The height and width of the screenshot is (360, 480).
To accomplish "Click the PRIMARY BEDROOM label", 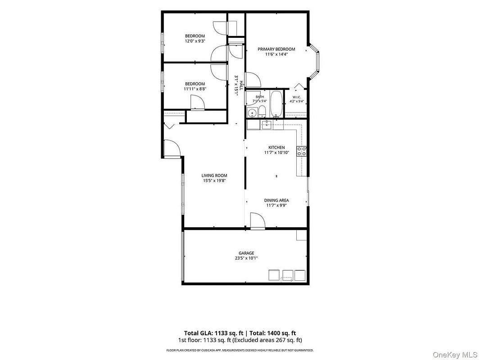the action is point(276,49).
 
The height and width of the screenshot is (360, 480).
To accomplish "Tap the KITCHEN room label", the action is point(276,148).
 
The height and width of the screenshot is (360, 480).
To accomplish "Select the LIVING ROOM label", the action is point(214,175).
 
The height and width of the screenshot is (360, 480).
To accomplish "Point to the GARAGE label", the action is point(246,253).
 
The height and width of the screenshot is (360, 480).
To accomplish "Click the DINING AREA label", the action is point(276,200).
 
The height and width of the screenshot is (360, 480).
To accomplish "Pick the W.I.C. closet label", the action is point(296,97).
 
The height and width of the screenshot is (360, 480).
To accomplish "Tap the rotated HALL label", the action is point(241,85).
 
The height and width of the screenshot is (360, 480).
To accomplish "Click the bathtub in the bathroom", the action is point(277,103).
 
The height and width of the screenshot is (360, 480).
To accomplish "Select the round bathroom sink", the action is point(252,113).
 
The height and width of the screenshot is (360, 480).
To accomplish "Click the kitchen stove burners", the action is point(302,151).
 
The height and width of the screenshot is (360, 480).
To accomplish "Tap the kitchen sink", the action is point(267,125).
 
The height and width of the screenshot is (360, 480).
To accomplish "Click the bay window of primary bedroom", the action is point(314,62).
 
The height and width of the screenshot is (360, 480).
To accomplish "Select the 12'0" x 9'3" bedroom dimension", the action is point(195,40).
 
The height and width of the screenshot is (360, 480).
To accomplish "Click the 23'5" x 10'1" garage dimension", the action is point(246,258).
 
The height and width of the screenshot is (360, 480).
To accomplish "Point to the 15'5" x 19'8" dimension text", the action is point(214,180).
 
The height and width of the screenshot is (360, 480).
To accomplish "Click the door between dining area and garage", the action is point(258,221).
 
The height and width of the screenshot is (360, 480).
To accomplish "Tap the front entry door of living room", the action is point(172,148).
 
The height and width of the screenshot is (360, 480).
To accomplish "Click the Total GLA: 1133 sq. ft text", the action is point(214,333).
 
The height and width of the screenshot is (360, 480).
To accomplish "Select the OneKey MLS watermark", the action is point(455,355).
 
